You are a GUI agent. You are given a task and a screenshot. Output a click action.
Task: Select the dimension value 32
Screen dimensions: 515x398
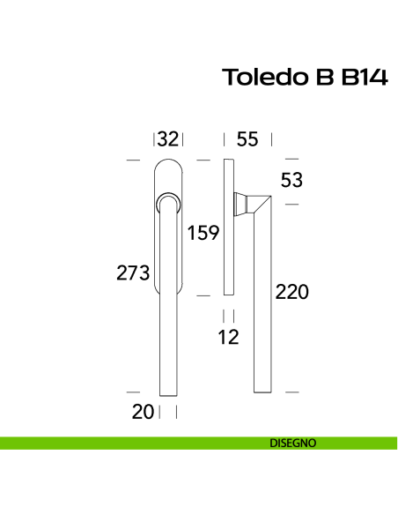pyautogui.click(x=168, y=138)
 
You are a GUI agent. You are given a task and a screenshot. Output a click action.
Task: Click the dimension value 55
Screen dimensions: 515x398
pyautogui.click(x=247, y=138)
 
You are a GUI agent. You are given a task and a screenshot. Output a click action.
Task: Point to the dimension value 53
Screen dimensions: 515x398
pyautogui.click(x=291, y=180)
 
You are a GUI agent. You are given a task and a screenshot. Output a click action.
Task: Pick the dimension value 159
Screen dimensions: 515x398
pyautogui.click(x=203, y=233)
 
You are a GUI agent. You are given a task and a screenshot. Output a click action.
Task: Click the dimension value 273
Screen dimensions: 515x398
pyautogui.click(x=133, y=273)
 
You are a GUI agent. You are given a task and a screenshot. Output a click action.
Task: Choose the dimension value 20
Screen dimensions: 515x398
pyautogui.click(x=144, y=411)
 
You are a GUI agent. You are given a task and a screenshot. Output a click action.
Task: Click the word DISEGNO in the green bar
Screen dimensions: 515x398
pyautogui.click(x=293, y=444)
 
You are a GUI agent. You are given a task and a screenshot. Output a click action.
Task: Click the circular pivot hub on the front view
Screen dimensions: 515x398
pyautogui.click(x=168, y=205)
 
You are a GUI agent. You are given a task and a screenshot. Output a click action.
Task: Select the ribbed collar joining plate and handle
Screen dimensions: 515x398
pyautogui.click(x=240, y=204)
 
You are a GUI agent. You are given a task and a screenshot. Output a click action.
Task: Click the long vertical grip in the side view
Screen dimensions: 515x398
pyautogui.click(x=260, y=300)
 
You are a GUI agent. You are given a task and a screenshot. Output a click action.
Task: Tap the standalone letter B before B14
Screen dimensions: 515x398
pyautogui.click(x=318, y=78)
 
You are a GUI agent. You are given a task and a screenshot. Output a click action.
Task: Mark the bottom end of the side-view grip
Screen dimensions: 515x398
pyautogui.click(x=260, y=388)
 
